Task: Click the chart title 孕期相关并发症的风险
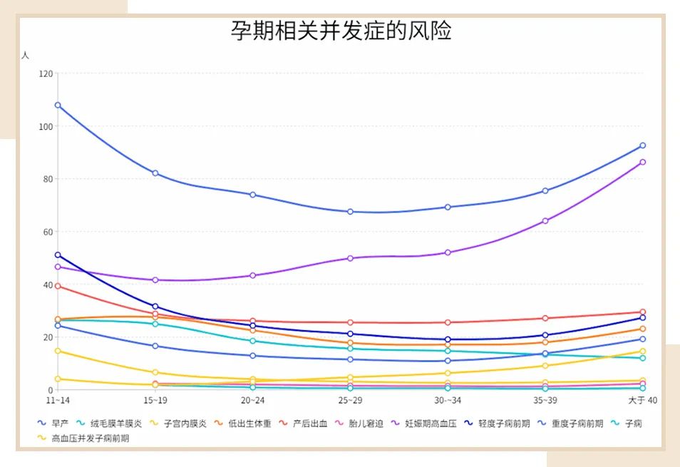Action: [341, 31]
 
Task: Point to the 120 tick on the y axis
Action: [46, 73]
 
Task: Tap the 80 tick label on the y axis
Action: [48, 179]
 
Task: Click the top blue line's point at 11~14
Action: [58, 106]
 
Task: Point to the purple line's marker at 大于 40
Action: [642, 162]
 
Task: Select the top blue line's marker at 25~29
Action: [350, 212]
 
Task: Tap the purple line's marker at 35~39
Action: [545, 221]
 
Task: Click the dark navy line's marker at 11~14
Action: [58, 255]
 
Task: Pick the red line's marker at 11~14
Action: [58, 286]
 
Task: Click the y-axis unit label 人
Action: [26, 55]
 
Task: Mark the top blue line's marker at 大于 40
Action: [642, 145]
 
